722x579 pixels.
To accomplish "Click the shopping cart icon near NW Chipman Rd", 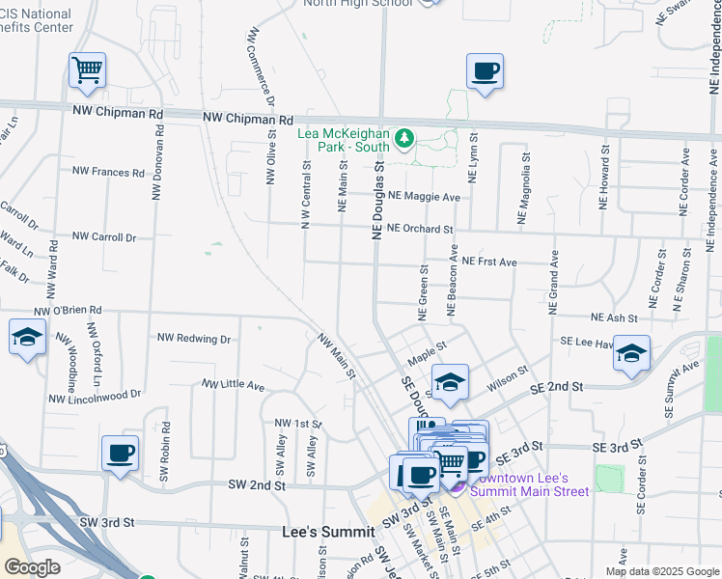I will pyautogui.click(x=87, y=69).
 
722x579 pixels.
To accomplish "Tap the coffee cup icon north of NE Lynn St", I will pyautogui.click(x=485, y=70).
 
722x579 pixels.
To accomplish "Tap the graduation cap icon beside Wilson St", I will pyautogui.click(x=450, y=382).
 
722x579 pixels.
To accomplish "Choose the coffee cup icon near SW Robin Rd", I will pyautogui.click(x=121, y=453).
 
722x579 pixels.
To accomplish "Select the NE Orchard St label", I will pyautogui.click(x=421, y=229).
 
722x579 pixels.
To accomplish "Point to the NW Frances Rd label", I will pyautogui.click(x=108, y=172).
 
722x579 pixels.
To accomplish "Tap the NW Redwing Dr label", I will pyautogui.click(x=194, y=339).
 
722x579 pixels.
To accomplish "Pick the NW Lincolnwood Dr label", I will pyautogui.click(x=95, y=396).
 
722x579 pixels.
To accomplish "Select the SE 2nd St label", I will pyautogui.click(x=558, y=386).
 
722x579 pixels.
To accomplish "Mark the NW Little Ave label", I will pyautogui.click(x=233, y=385).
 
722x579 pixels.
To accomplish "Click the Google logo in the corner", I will pyautogui.click(x=32, y=567).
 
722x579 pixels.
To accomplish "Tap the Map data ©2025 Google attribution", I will pyautogui.click(x=662, y=571).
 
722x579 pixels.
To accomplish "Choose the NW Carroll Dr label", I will pyautogui.click(x=104, y=236).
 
